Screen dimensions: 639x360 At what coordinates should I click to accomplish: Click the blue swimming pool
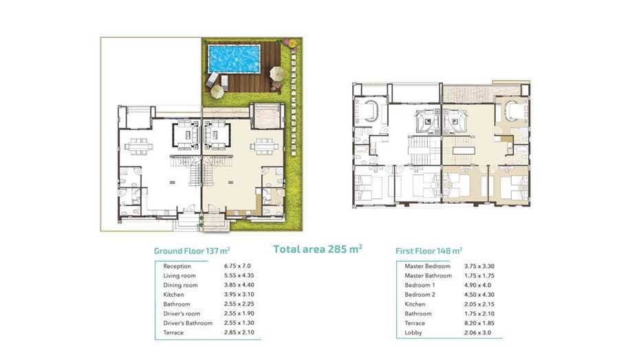[x=234, y=59]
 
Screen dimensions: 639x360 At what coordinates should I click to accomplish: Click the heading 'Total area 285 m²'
[x=318, y=249]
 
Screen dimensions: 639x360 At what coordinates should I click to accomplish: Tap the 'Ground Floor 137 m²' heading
[x=191, y=251]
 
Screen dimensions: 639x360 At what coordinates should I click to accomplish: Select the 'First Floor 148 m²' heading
[x=429, y=251]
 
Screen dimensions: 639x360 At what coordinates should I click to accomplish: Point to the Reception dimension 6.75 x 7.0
[x=237, y=266]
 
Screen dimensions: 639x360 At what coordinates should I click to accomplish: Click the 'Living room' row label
[x=180, y=275]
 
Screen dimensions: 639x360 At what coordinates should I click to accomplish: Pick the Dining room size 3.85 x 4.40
[x=239, y=285]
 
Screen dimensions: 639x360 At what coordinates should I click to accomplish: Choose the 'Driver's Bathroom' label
[x=188, y=323]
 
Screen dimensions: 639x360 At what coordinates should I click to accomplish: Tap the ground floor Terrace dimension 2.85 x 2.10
[x=239, y=332]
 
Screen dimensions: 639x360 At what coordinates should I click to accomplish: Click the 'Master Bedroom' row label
[x=428, y=266]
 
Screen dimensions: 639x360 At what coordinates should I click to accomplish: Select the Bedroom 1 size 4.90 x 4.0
[x=477, y=285]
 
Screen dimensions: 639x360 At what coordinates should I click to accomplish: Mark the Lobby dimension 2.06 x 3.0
[x=477, y=332]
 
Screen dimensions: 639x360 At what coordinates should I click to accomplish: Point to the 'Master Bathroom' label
[x=428, y=275]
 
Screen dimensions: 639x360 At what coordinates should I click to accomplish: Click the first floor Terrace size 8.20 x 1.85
[x=479, y=323]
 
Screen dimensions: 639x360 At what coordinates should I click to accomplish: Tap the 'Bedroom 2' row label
[x=420, y=295]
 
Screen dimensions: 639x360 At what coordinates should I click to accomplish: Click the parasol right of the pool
[x=277, y=74]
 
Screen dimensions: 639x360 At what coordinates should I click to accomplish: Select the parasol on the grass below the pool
[x=217, y=92]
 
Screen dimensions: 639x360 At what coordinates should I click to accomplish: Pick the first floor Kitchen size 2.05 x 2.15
[x=479, y=304]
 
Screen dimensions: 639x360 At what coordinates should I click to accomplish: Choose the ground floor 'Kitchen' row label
[x=173, y=295]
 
